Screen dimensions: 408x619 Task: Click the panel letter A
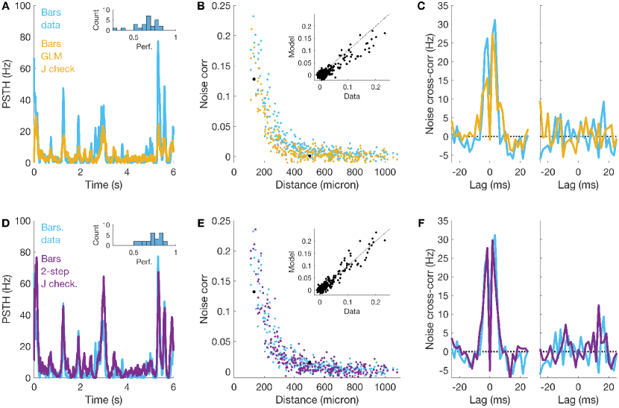pos(5,7)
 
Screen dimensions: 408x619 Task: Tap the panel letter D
pos(5,222)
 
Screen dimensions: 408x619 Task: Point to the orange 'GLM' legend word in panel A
pos(51,57)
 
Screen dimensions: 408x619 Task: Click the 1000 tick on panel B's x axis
pos(385,172)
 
